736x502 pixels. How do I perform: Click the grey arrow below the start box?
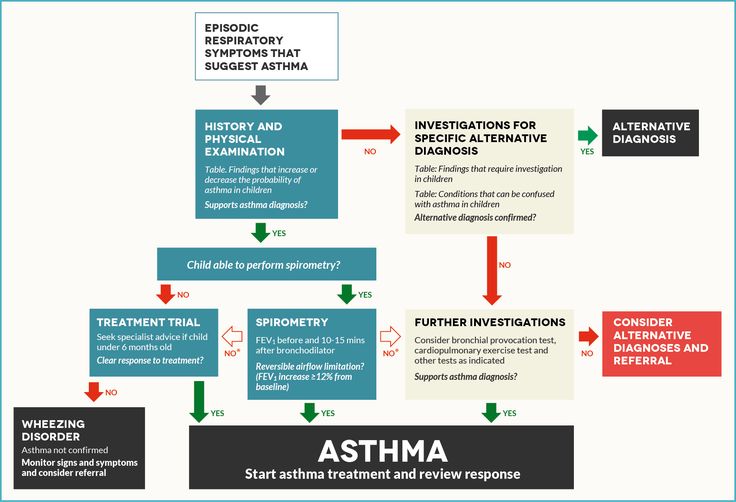point(260,95)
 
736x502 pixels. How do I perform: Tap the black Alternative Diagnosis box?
point(650,133)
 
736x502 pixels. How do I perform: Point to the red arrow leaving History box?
point(371,134)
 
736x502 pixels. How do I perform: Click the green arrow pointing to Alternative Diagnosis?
point(587,134)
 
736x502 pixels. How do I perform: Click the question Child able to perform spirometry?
point(266,265)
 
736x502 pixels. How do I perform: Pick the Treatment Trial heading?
point(148,322)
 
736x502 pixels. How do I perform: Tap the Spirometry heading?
point(292,322)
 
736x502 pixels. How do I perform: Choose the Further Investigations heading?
point(490,322)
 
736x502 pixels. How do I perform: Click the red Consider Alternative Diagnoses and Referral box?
point(661,341)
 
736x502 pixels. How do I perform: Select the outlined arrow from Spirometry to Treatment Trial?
point(232,335)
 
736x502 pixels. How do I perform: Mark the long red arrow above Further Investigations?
point(490,269)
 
